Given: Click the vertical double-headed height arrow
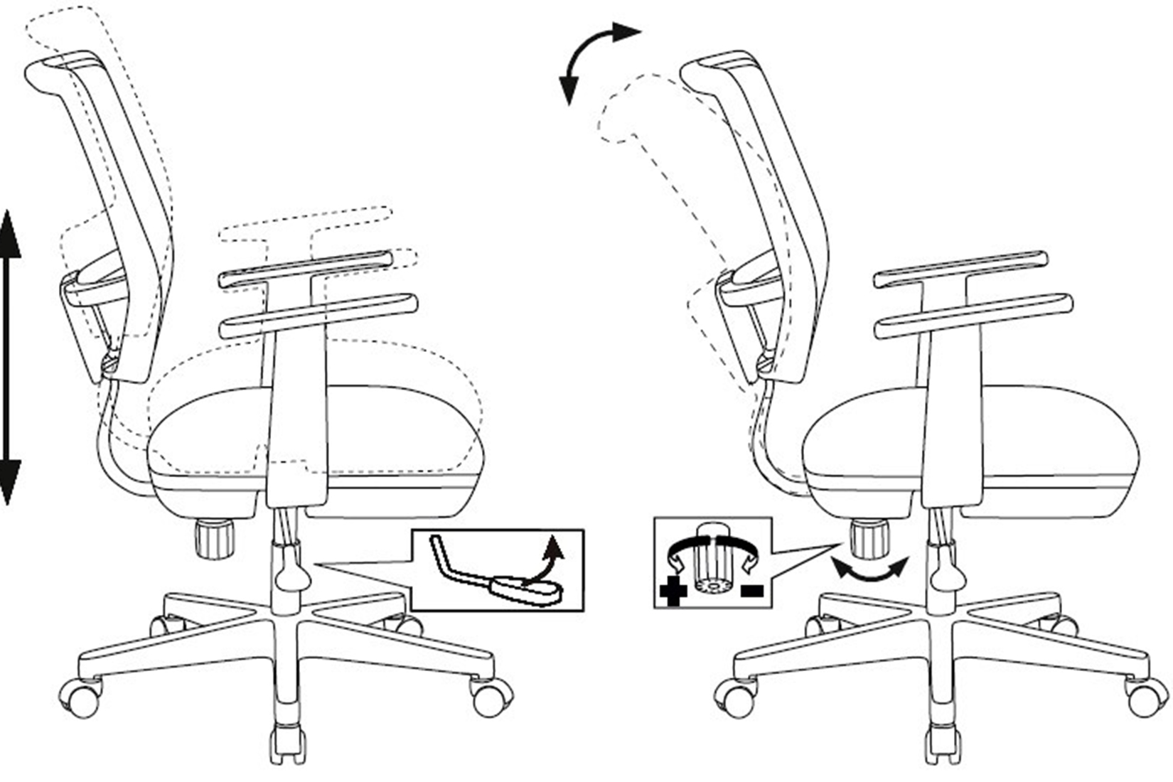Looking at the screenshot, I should pyautogui.click(x=10, y=355).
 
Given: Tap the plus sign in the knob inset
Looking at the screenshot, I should pyautogui.click(x=673, y=591).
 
